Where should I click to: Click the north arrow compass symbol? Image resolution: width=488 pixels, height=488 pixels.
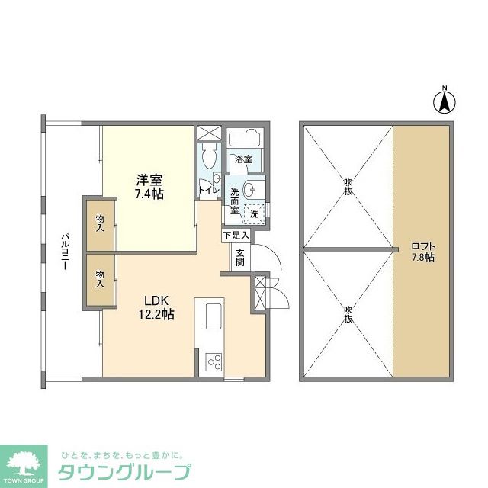(x=445, y=101)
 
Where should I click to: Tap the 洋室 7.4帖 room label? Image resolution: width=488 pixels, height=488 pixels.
(x=149, y=187)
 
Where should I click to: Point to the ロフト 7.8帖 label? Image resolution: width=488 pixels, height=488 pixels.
(x=422, y=252)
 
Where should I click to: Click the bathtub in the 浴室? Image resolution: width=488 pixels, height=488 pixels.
(x=246, y=141)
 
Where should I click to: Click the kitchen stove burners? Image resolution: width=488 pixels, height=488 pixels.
(x=212, y=361)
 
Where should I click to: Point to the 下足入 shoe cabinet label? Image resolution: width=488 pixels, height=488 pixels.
(x=236, y=236)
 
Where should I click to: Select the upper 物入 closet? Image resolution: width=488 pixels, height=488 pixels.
(x=100, y=223)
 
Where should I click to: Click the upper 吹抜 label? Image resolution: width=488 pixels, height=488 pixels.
(x=348, y=186)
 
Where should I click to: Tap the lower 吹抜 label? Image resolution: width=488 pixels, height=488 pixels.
(x=348, y=313)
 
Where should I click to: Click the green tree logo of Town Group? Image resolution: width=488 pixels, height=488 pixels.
(x=24, y=460)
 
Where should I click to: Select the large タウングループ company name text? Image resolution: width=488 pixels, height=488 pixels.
(x=125, y=471)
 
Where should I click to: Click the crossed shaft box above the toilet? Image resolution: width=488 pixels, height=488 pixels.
(x=207, y=133)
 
